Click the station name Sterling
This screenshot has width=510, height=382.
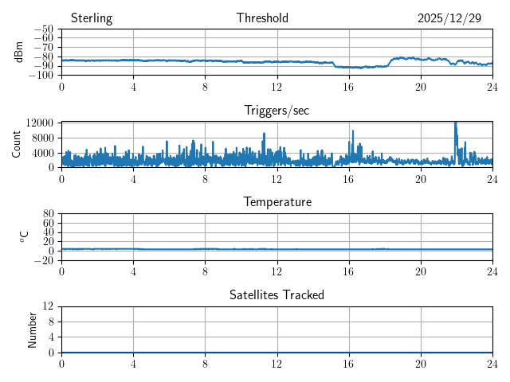coord(92,18)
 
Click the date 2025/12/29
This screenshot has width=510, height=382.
coord(449,18)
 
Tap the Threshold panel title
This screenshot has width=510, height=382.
coord(262,18)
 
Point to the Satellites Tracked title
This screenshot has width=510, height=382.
coord(277,294)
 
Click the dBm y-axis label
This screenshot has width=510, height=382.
coord(19,52)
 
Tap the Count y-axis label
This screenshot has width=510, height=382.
coord(16,144)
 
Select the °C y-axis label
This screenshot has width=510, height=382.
coord(24,236)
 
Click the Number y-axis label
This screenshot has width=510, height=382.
coord(32,329)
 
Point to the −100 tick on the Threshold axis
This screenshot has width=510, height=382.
coord(43,76)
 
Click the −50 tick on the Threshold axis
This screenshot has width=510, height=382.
coord(45,29)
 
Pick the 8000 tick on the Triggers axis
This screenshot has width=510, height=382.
coord(42,137)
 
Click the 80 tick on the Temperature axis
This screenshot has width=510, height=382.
coord(49,214)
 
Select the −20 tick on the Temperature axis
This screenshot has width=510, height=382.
coord(45,260)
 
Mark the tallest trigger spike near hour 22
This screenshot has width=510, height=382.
coord(455,123)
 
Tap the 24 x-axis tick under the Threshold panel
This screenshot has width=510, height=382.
coord(492,86)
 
